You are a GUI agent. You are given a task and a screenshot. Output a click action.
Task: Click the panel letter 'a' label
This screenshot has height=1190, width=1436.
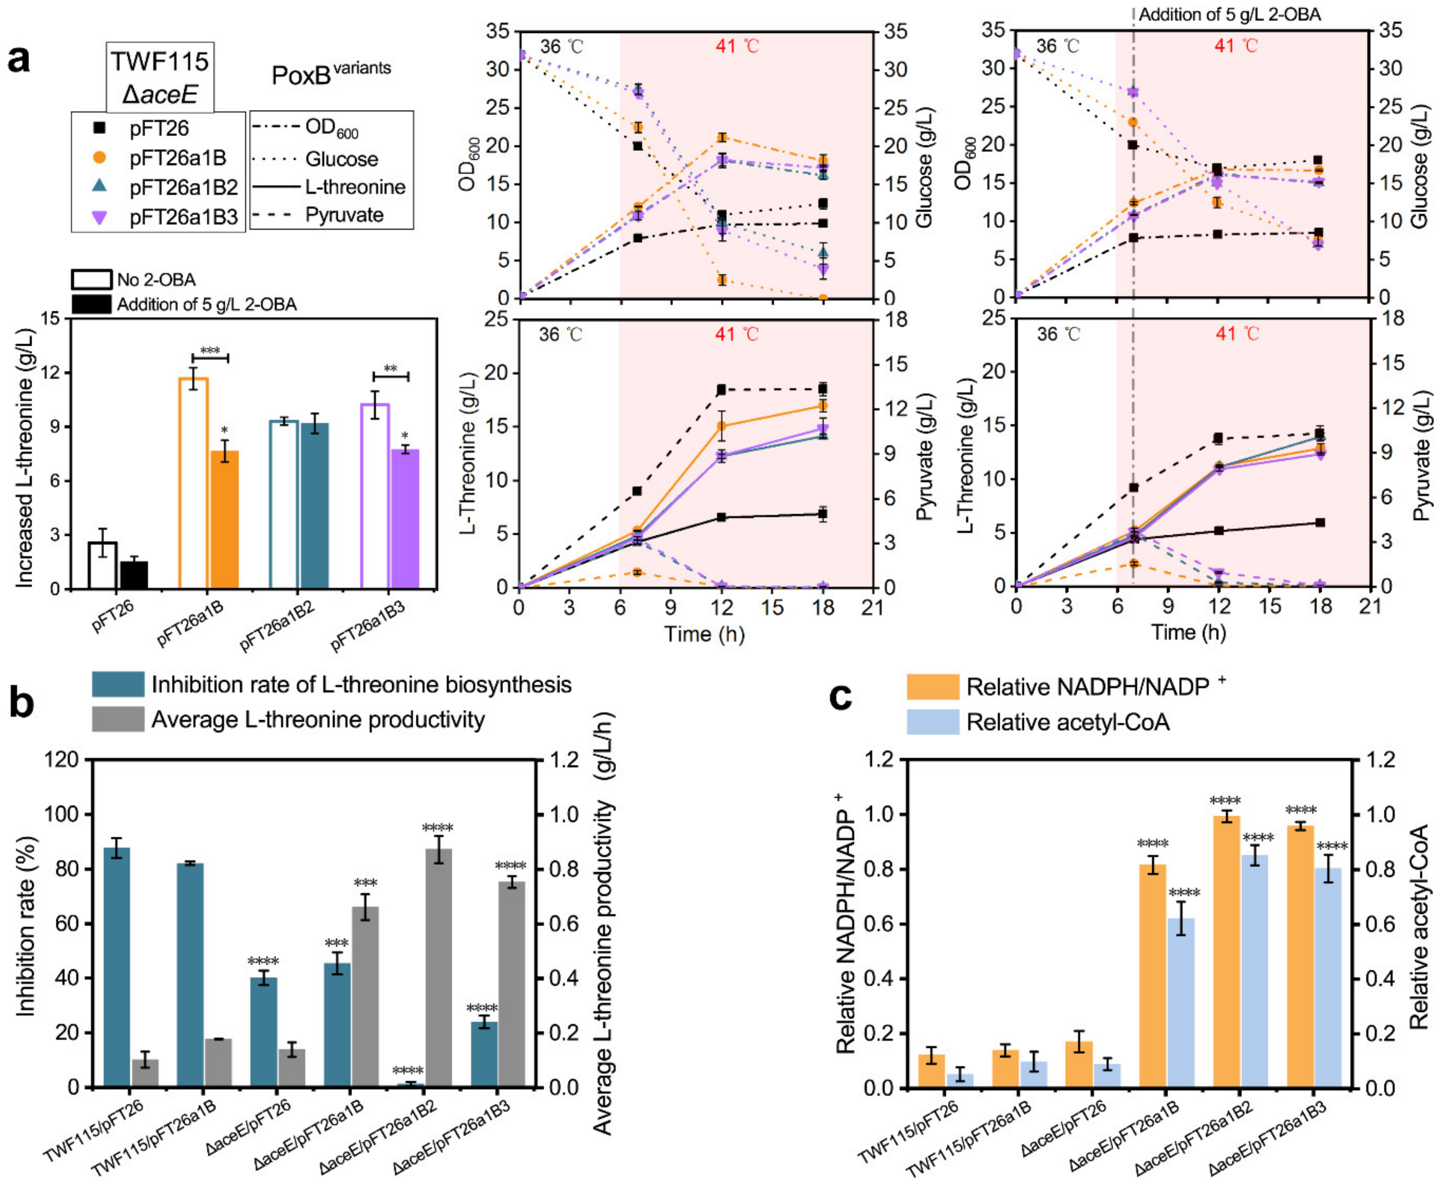(19, 60)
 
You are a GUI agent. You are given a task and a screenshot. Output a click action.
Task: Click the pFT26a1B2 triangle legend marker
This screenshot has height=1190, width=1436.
(99, 186)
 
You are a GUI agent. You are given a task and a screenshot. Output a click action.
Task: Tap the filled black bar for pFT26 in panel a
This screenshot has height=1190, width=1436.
(134, 574)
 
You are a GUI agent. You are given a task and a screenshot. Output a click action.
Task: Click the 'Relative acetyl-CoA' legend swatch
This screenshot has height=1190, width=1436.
(933, 722)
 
